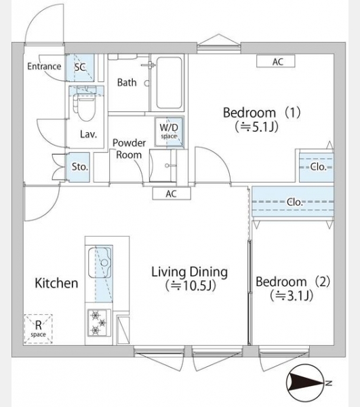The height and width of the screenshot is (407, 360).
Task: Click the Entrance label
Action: tap(44, 66)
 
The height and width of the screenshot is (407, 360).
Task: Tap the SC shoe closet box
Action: tap(80, 68)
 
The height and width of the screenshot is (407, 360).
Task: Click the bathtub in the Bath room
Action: tap(169, 83)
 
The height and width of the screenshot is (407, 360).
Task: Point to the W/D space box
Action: tap(169, 132)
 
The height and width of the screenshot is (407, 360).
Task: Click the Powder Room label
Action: tap(129, 149)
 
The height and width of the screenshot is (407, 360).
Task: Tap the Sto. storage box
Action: tap(79, 167)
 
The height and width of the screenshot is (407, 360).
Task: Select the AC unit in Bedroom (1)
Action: tap(276, 62)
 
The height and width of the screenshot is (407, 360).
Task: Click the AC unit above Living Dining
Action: tap(172, 193)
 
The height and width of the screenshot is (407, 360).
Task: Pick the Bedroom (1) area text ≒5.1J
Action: tap(257, 128)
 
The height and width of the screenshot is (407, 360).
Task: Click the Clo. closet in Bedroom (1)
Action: tap(317, 167)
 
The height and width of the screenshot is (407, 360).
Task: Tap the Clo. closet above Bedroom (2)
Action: tap(293, 201)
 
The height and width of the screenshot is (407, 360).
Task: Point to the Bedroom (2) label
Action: tap(293, 282)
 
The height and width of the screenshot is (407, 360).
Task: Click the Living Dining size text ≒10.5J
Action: tap(191, 286)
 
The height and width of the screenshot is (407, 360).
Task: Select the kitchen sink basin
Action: tap(100, 263)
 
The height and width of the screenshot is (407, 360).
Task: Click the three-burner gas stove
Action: tap(99, 323)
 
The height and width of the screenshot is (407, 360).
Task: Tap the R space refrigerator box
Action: tap(38, 329)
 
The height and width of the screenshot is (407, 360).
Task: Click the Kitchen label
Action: tap(56, 283)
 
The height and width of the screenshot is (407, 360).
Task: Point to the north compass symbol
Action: tap(306, 383)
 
